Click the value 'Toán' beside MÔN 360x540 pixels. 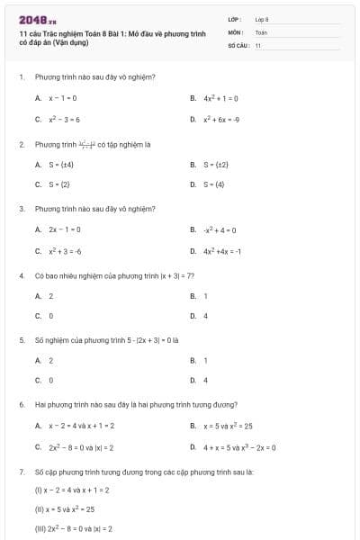point(261,31)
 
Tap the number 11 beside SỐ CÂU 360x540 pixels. point(258,44)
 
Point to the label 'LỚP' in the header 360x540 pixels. point(235,19)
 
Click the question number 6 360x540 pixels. point(21,405)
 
